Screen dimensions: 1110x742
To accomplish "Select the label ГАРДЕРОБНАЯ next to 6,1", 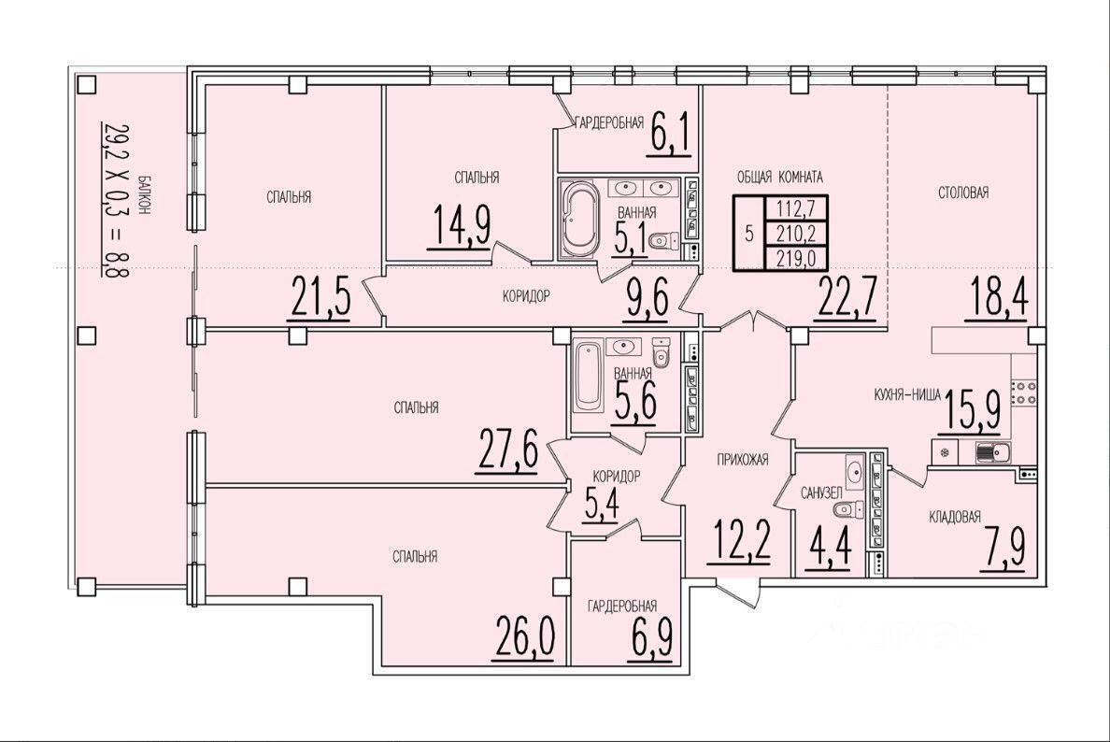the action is click(x=609, y=123).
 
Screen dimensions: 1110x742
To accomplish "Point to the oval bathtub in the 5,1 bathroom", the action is click(x=580, y=221).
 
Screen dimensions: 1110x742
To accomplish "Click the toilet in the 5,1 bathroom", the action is click(x=662, y=240).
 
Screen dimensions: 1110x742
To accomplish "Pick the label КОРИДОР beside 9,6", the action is click(x=526, y=296).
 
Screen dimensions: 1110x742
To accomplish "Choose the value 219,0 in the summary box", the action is click(x=796, y=258).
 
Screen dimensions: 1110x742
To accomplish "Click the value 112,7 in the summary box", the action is click(x=796, y=209).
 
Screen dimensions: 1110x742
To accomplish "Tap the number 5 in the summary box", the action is click(x=749, y=234).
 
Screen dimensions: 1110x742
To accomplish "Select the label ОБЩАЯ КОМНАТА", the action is click(x=779, y=177).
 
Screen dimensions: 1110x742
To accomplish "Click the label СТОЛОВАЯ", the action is click(x=963, y=192).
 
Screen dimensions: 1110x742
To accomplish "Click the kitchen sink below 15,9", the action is click(x=986, y=451).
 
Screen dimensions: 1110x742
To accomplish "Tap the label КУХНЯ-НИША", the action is click(x=907, y=396).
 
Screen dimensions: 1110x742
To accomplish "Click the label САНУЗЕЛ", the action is click(x=821, y=492).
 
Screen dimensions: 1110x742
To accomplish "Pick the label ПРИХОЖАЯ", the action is click(x=743, y=460).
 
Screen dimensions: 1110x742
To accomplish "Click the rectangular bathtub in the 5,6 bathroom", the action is click(x=587, y=376).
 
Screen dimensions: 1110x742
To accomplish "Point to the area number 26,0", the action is click(x=523, y=638).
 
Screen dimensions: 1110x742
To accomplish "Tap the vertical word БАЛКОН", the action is click(x=145, y=194).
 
